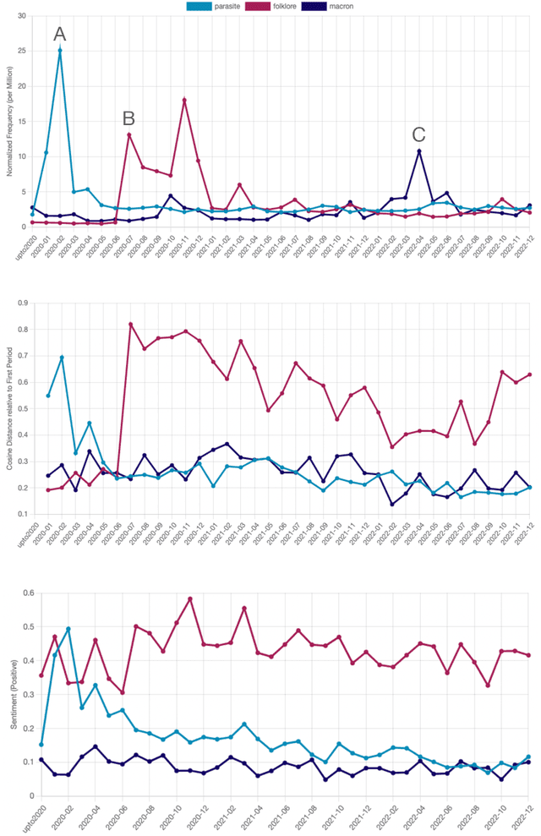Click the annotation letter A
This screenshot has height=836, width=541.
tap(59, 34)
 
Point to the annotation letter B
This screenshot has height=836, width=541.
tap(128, 117)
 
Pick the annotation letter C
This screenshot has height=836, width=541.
tap(418, 134)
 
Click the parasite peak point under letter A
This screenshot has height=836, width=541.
tap(59, 50)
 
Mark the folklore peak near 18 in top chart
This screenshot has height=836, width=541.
tap(184, 100)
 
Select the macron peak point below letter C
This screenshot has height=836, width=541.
tap(418, 150)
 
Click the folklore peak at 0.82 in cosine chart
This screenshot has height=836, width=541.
tap(130, 324)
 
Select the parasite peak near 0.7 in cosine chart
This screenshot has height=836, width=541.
tap(61, 358)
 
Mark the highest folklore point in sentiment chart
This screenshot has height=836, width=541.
tap(190, 598)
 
